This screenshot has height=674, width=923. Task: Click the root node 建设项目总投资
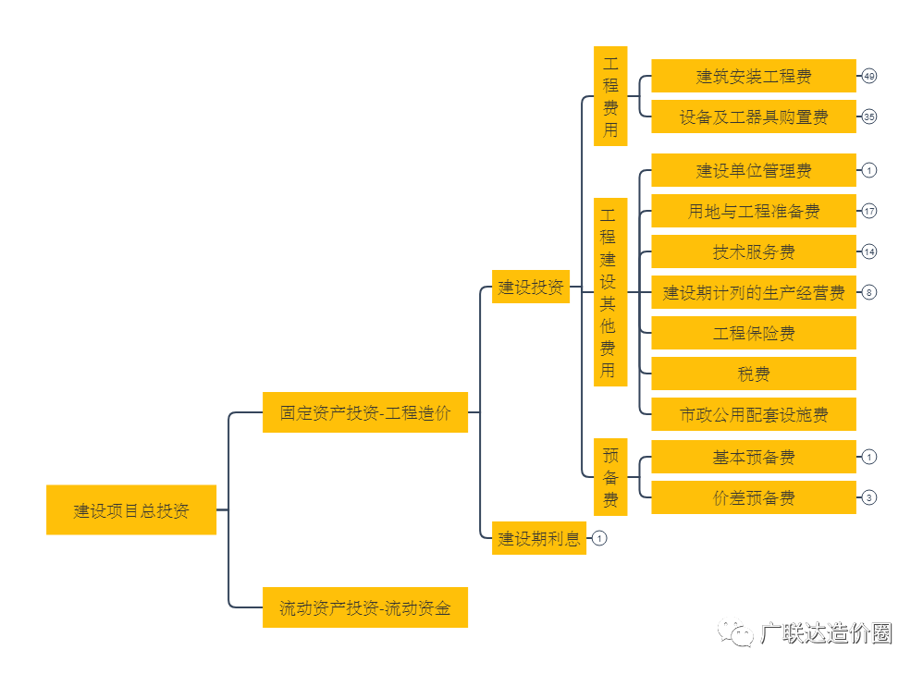[131, 509]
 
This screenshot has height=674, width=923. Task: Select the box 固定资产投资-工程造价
[365, 412]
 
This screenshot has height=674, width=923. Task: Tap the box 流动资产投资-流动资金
[365, 607]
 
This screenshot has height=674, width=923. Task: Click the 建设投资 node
[531, 287]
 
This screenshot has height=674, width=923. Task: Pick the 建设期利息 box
[539, 538]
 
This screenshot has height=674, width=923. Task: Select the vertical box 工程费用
[610, 96]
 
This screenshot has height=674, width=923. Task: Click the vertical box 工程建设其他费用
[610, 291]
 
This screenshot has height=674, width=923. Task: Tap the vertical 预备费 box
[610, 477]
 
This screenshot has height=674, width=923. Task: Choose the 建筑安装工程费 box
[753, 76]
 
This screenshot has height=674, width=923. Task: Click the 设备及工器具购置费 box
[753, 116]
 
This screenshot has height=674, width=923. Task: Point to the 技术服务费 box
[753, 251]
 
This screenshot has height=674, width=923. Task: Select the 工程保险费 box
[753, 333]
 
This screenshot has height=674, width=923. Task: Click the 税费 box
[753, 374]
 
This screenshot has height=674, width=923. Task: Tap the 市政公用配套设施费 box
[753, 414]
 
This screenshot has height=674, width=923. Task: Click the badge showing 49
[868, 76]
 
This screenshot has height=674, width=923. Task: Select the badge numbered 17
[868, 211]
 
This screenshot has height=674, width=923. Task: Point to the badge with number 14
[868, 251]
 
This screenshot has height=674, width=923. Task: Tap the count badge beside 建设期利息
[599, 538]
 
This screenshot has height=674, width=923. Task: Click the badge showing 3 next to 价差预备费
[868, 497]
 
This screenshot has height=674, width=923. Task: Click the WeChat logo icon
[736, 631]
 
